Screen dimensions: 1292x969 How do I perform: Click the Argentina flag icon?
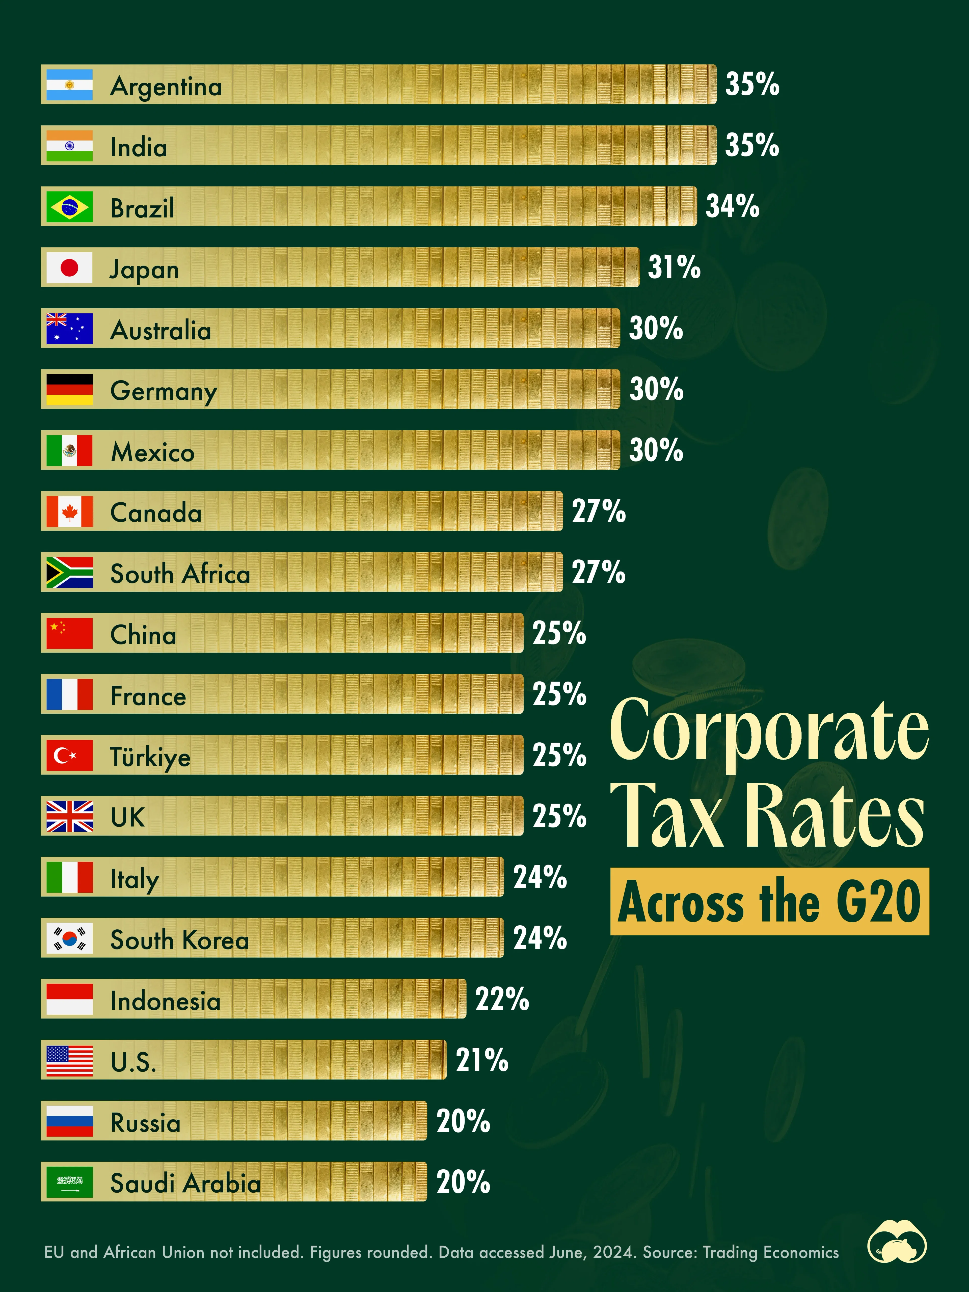[69, 85]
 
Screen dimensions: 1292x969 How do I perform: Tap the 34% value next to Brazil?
[733, 206]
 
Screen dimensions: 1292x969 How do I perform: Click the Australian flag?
[69, 328]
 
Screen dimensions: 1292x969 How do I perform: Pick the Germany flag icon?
[69, 390]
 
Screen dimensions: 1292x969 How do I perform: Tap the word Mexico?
[152, 452]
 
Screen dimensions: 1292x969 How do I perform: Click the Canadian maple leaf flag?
[69, 512]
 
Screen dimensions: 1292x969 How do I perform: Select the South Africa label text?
[180, 574]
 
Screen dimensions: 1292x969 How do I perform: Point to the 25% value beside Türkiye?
[559, 755]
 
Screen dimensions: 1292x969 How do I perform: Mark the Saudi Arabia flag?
[69, 1182]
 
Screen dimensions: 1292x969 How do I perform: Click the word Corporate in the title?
[769, 730]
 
